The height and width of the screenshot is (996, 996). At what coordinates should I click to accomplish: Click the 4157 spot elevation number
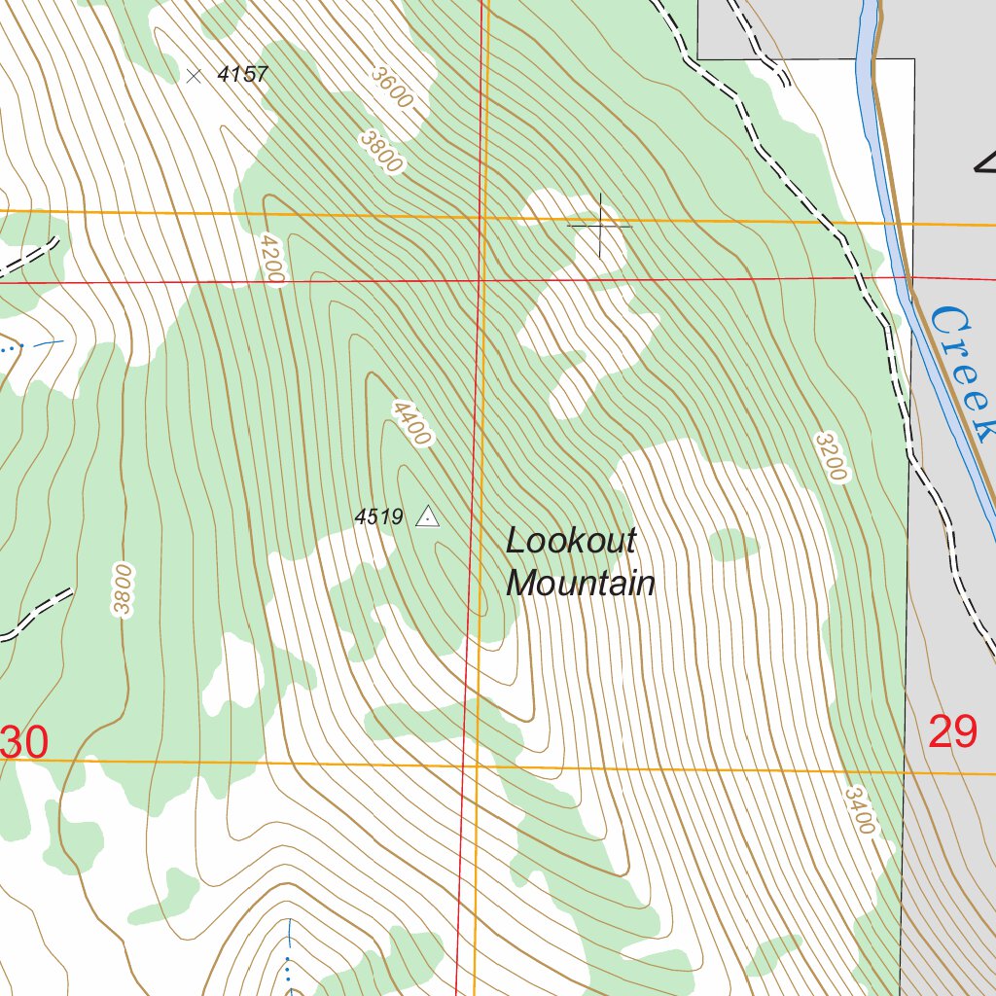[242, 74]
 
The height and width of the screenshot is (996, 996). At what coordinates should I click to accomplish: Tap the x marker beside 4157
[195, 75]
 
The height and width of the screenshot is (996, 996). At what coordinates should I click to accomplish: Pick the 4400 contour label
[410, 423]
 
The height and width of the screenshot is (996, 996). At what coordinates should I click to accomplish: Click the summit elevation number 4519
[378, 517]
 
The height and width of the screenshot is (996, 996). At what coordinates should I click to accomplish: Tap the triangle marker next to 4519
[427, 516]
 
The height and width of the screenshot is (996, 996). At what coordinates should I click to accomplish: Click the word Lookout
[571, 541]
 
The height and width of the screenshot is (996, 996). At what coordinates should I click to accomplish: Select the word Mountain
[581, 584]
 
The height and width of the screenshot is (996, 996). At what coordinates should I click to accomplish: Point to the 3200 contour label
[833, 457]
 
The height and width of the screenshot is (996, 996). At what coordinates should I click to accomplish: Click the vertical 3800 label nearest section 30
[122, 589]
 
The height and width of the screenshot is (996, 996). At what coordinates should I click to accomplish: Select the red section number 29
[952, 731]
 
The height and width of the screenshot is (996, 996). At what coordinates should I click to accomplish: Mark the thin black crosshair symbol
[600, 226]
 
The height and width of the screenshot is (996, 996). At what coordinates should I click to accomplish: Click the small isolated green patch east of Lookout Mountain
[733, 545]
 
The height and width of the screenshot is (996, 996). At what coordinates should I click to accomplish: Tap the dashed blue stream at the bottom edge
[289, 958]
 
